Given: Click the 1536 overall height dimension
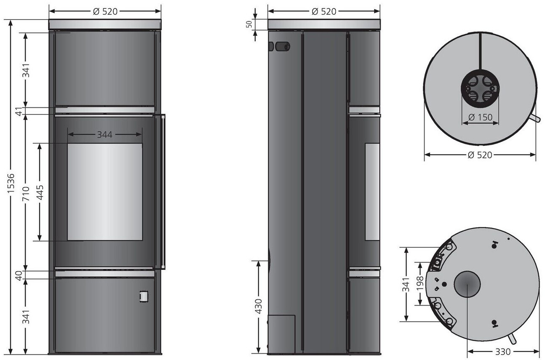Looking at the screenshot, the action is (11, 184).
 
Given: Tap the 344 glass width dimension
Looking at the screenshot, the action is (104, 135).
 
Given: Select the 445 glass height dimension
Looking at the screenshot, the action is (40, 192).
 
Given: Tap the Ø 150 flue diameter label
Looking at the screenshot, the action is (480, 117).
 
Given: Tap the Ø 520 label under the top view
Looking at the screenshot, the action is (479, 155).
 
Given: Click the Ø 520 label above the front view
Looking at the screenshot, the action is (105, 11).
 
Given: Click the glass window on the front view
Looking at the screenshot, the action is (105, 192).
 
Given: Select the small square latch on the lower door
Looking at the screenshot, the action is (144, 296).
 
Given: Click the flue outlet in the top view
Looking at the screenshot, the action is (480, 90).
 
